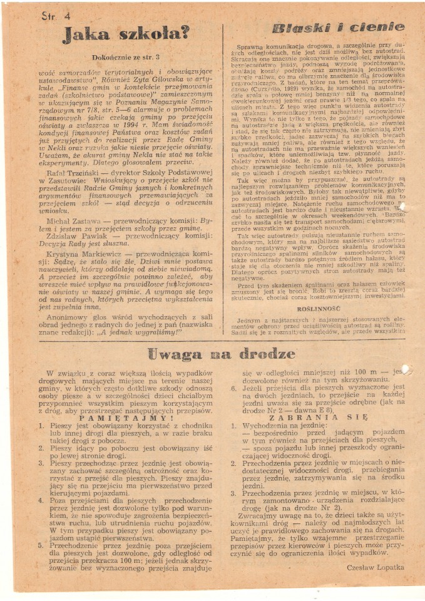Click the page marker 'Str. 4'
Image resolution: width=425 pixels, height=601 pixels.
click(55, 16)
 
